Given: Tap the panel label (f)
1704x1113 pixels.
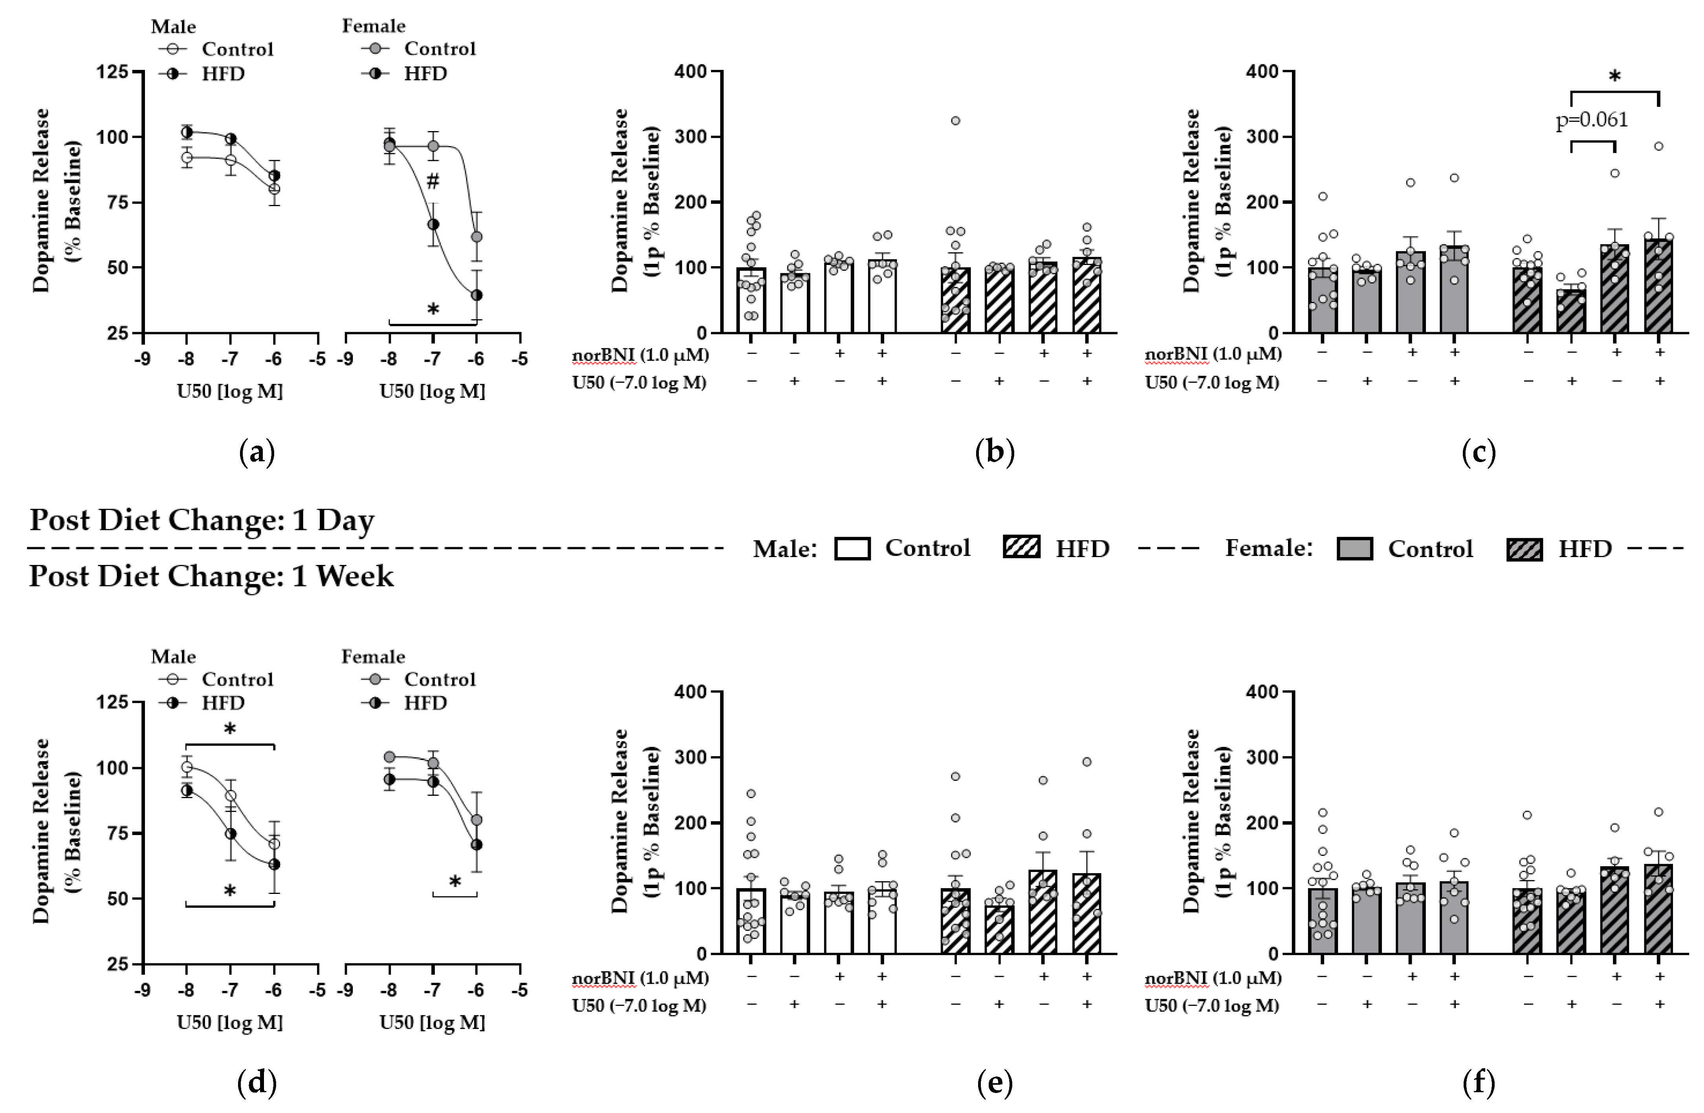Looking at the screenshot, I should tap(1479, 1083).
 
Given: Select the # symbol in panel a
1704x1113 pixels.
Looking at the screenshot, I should tap(432, 182).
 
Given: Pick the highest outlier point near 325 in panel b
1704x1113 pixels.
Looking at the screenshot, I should tap(955, 120).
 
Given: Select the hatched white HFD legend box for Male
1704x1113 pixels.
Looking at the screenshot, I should tap(1022, 548).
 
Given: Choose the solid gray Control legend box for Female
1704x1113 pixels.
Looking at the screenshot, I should tap(1355, 549).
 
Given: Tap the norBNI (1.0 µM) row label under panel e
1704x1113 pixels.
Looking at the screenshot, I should tap(640, 978).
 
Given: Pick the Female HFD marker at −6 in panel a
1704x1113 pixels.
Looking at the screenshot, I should tap(476, 295).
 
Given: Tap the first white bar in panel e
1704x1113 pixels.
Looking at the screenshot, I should tap(751, 921).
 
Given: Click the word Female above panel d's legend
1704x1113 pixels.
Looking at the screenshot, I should tap(373, 656).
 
